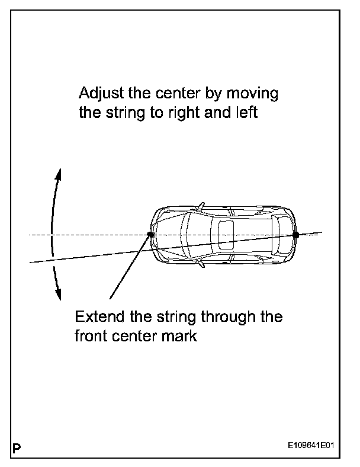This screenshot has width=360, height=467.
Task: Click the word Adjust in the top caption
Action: point(98,94)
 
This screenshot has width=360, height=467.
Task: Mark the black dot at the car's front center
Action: point(151,235)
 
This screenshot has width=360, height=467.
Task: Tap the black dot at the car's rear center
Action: point(295,235)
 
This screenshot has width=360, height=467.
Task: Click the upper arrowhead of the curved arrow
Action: point(58,171)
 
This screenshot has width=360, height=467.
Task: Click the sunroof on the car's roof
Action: point(226,235)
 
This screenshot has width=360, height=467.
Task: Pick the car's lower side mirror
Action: point(202,263)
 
